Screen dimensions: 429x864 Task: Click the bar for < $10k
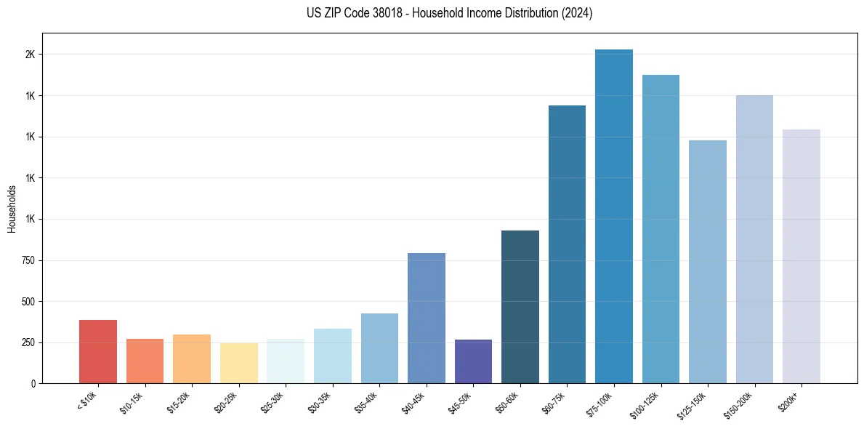click(x=98, y=351)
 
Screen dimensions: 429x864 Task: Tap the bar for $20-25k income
click(x=238, y=363)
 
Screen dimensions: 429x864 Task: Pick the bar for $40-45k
click(x=426, y=318)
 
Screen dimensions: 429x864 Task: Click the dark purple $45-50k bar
click(x=473, y=361)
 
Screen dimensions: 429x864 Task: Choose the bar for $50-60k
click(x=520, y=307)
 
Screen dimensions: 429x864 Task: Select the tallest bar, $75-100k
click(x=613, y=216)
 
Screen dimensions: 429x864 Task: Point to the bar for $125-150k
click(x=707, y=262)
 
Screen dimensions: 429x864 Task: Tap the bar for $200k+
click(x=801, y=256)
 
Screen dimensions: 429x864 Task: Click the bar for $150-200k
click(x=754, y=239)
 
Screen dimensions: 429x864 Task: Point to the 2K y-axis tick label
click(x=31, y=55)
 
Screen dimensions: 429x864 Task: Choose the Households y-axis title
click(x=12, y=209)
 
